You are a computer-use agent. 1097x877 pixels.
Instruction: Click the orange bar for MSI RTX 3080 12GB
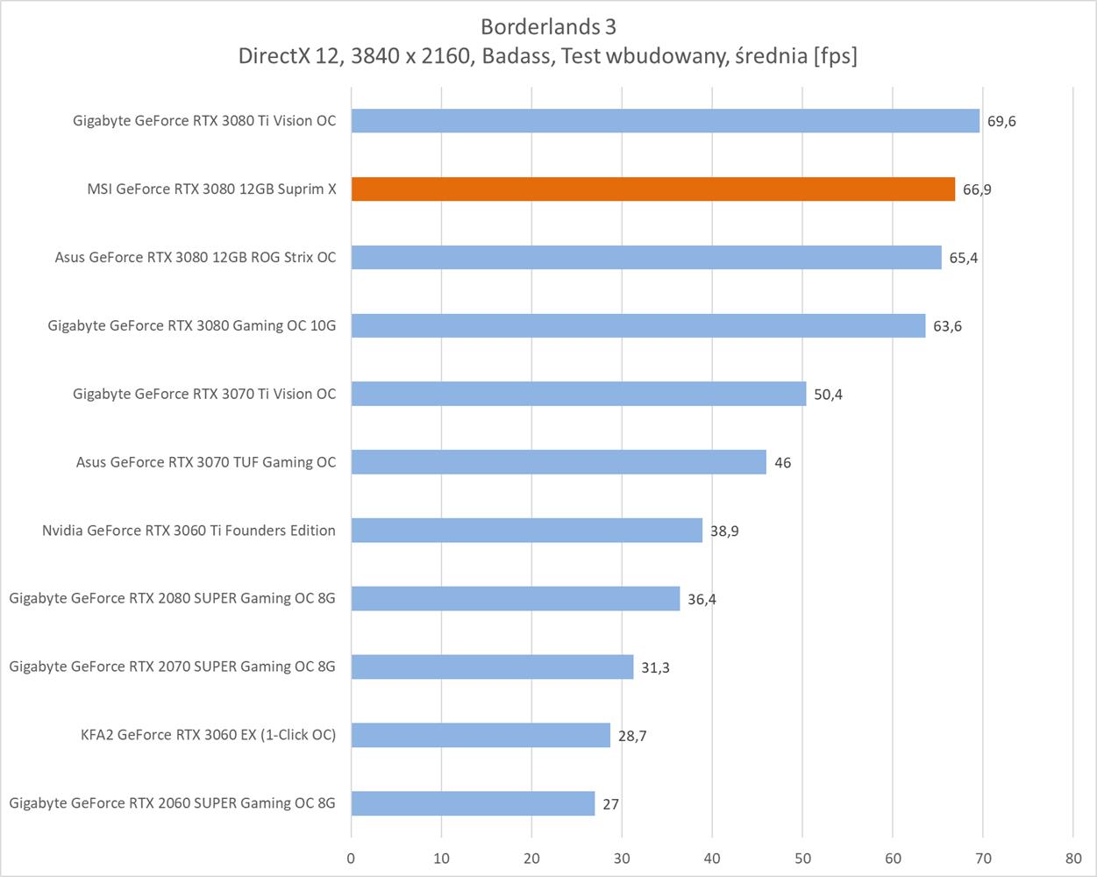coord(653,189)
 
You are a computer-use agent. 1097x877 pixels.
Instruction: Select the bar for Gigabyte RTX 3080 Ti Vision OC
coord(665,121)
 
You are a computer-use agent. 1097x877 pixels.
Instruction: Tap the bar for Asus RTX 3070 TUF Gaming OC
coord(559,462)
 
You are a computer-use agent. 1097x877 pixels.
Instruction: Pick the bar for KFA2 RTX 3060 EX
coord(481,735)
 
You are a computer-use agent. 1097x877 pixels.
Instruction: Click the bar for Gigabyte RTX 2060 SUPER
coord(473,803)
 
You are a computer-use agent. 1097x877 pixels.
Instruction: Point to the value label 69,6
coord(1001,121)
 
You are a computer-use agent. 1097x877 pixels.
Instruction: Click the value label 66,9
coord(977,189)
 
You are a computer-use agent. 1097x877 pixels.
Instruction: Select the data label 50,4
coord(828,395)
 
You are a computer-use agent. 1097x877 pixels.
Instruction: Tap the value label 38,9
coord(724,531)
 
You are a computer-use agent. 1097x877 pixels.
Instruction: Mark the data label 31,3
coord(655,667)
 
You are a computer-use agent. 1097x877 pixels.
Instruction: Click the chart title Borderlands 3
coord(548,26)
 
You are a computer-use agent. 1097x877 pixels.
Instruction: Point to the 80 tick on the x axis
coord(1073,859)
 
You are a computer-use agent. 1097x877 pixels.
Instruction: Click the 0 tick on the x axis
coord(351,859)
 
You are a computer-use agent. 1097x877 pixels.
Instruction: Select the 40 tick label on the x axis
coord(712,859)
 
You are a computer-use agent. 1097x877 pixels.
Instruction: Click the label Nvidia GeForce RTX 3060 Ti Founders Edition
coord(189,531)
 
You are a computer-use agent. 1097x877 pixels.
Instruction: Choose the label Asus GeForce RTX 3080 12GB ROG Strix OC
coord(195,258)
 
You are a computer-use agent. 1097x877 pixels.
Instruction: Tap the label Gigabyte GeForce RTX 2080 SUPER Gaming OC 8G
coord(172,598)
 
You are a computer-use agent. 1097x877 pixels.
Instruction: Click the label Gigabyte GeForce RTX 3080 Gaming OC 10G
coord(191,326)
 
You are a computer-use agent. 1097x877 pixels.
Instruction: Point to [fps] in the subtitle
coord(835,56)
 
